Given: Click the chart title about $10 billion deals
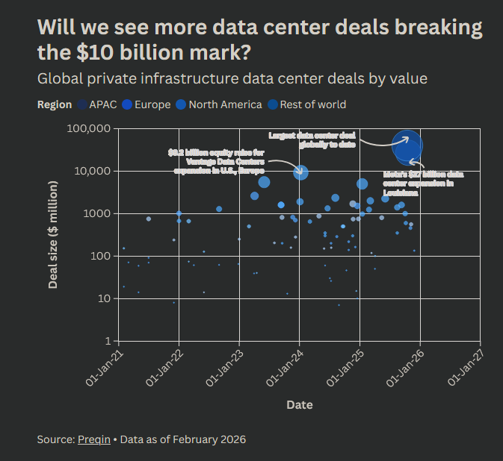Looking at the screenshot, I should (x=259, y=40).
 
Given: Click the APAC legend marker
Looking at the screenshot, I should (x=81, y=104).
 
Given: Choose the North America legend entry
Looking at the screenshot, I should (x=218, y=104).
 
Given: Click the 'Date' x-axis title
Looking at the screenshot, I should (x=299, y=405).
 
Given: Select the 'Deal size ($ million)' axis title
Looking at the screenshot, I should (x=54, y=234).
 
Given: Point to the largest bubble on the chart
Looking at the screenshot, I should (x=407, y=146).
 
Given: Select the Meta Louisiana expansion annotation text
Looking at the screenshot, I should (x=423, y=184).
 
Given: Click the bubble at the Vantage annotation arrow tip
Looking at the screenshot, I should (x=300, y=172).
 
